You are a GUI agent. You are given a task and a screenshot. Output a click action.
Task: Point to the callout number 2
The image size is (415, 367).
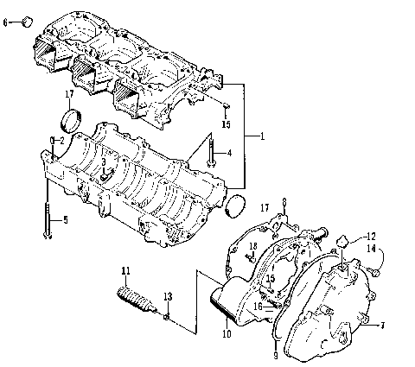pos(61,140)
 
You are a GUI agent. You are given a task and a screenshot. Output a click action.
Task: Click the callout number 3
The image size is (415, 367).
pos(103,161)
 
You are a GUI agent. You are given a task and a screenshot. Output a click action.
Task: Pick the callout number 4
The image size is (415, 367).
pos(229,154)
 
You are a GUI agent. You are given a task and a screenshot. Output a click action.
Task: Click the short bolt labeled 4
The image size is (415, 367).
pos(210,153)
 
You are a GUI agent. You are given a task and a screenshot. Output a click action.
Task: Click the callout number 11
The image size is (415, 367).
pos(125,273)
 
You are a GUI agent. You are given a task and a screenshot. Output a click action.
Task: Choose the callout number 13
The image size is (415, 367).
pos(168,296)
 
